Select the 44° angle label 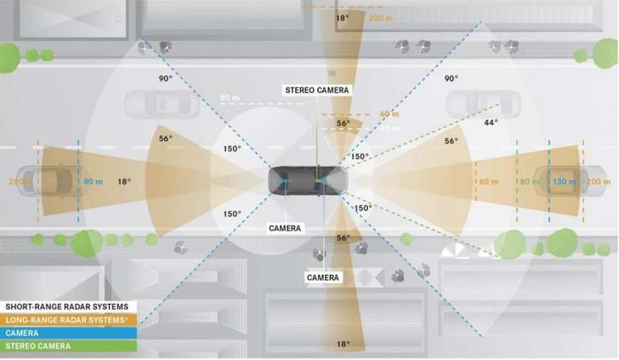coord(491,123)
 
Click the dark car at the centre coord(308,180)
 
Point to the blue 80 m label coord(92,182)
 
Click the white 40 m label coord(389,128)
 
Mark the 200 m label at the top coord(380,17)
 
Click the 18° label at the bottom coord(343,345)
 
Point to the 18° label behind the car coord(124,182)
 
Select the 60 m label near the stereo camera coord(389,114)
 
